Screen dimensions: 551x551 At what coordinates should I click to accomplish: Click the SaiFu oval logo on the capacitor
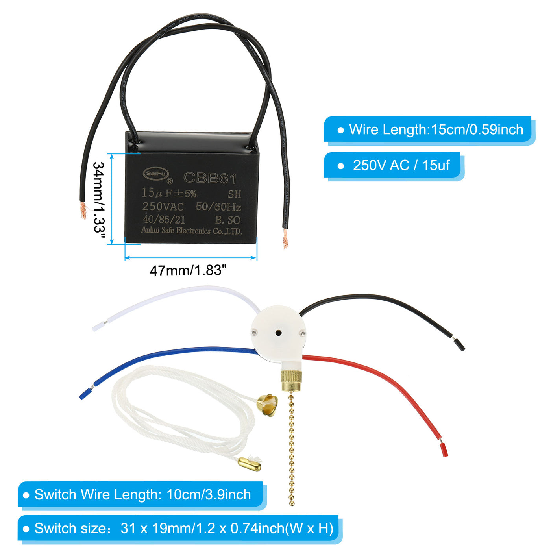(156, 174)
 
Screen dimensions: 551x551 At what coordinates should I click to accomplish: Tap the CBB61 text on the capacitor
(210, 178)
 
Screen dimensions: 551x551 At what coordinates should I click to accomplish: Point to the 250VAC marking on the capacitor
(163, 206)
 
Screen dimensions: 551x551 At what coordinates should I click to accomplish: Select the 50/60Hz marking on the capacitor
(218, 207)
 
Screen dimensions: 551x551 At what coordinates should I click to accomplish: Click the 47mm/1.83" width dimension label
(188, 271)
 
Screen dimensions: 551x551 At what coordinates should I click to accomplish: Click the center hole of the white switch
(278, 333)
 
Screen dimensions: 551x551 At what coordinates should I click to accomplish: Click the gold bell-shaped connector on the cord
(267, 403)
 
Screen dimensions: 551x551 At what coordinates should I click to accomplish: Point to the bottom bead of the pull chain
(292, 503)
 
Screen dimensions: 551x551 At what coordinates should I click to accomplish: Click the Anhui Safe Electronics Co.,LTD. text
(191, 231)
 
